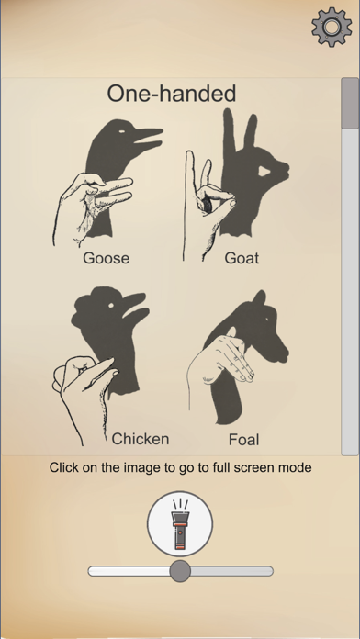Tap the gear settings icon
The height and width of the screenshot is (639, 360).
point(332,27)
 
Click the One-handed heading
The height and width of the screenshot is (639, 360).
point(172,93)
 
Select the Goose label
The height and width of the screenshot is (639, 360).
point(106,258)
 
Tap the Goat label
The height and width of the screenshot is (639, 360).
point(242,258)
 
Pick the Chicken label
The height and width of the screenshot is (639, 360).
point(141,438)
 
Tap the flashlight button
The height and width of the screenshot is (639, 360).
point(180,524)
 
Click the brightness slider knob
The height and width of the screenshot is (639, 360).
point(180,571)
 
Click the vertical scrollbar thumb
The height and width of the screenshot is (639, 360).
point(350,103)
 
